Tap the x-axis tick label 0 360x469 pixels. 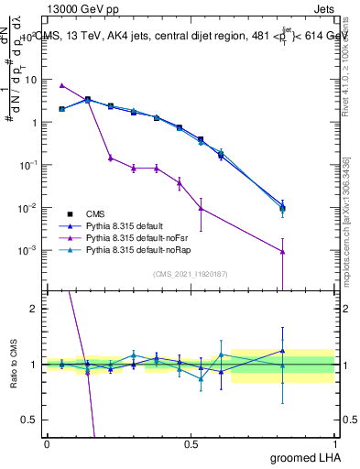coord(48,443)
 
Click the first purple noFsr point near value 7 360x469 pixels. coord(61,85)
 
